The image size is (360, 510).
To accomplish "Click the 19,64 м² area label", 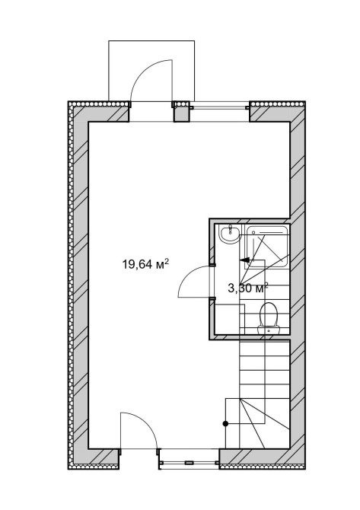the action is [145, 264].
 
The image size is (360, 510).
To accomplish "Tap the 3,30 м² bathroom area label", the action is [248, 288].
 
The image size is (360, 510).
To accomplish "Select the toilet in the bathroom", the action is [269, 318].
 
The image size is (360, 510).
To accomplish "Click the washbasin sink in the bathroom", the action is [230, 234].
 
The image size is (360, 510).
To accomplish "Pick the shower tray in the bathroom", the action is [267, 246].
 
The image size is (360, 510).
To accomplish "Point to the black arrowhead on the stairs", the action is [244, 260].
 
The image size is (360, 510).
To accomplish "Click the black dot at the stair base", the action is [225, 423].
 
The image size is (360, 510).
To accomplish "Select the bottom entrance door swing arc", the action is [146, 423].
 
